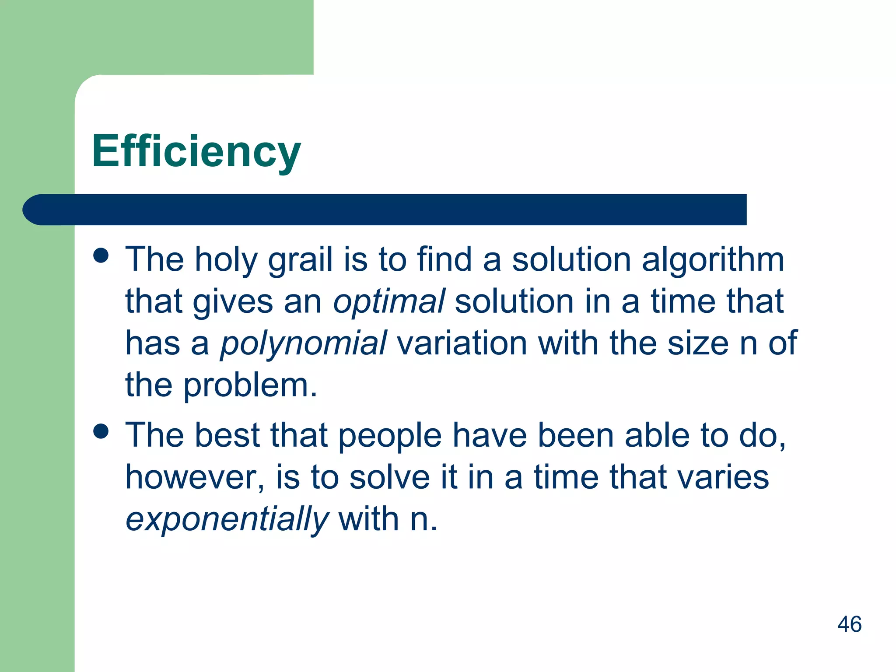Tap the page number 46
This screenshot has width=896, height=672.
pos(849,624)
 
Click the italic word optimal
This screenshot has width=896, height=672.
pos(389,302)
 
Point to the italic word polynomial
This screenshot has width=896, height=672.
pos(303,343)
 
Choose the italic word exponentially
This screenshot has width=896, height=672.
pos(227,519)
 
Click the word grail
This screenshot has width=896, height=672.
pos(300,260)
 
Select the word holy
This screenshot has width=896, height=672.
pos(226,260)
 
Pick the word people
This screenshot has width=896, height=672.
pos(390,436)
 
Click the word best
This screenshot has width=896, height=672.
pos(227,435)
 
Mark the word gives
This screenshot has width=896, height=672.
pos(233,302)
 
